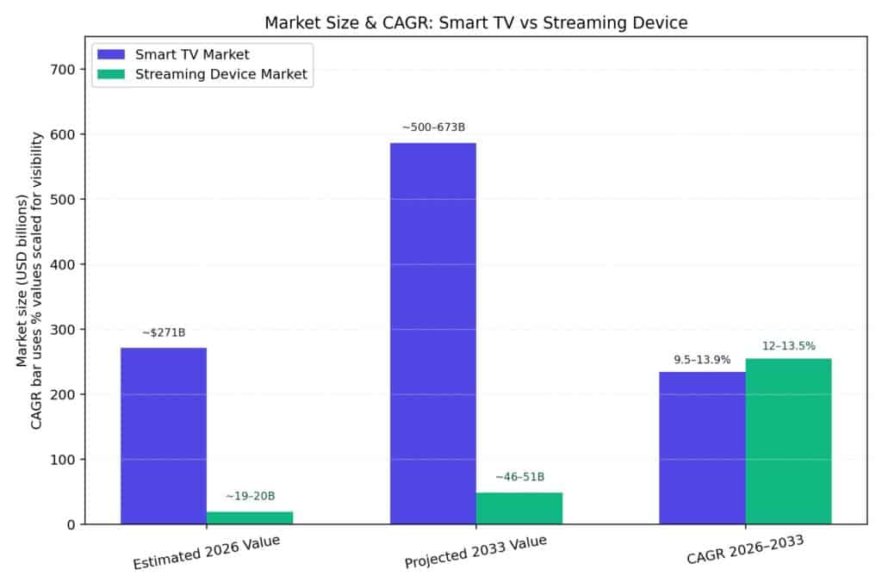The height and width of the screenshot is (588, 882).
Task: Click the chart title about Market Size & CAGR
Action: point(475,22)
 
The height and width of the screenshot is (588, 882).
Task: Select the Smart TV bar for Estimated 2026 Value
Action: point(164,435)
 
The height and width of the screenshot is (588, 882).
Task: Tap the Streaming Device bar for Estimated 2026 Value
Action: point(250,517)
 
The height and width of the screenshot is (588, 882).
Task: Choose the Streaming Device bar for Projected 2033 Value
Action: point(519,508)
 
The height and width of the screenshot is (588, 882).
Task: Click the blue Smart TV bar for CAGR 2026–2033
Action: point(702,448)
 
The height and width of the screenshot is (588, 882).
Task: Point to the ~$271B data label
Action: point(164,332)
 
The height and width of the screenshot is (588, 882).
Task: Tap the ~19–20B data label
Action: point(250,496)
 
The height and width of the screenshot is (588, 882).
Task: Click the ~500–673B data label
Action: point(433,127)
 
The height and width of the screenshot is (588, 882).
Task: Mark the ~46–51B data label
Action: point(519,477)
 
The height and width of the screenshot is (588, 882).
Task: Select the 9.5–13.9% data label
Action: point(702,360)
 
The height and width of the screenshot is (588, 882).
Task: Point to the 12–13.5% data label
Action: point(789,346)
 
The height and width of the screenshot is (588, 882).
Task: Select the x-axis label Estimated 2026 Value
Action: point(206,552)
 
